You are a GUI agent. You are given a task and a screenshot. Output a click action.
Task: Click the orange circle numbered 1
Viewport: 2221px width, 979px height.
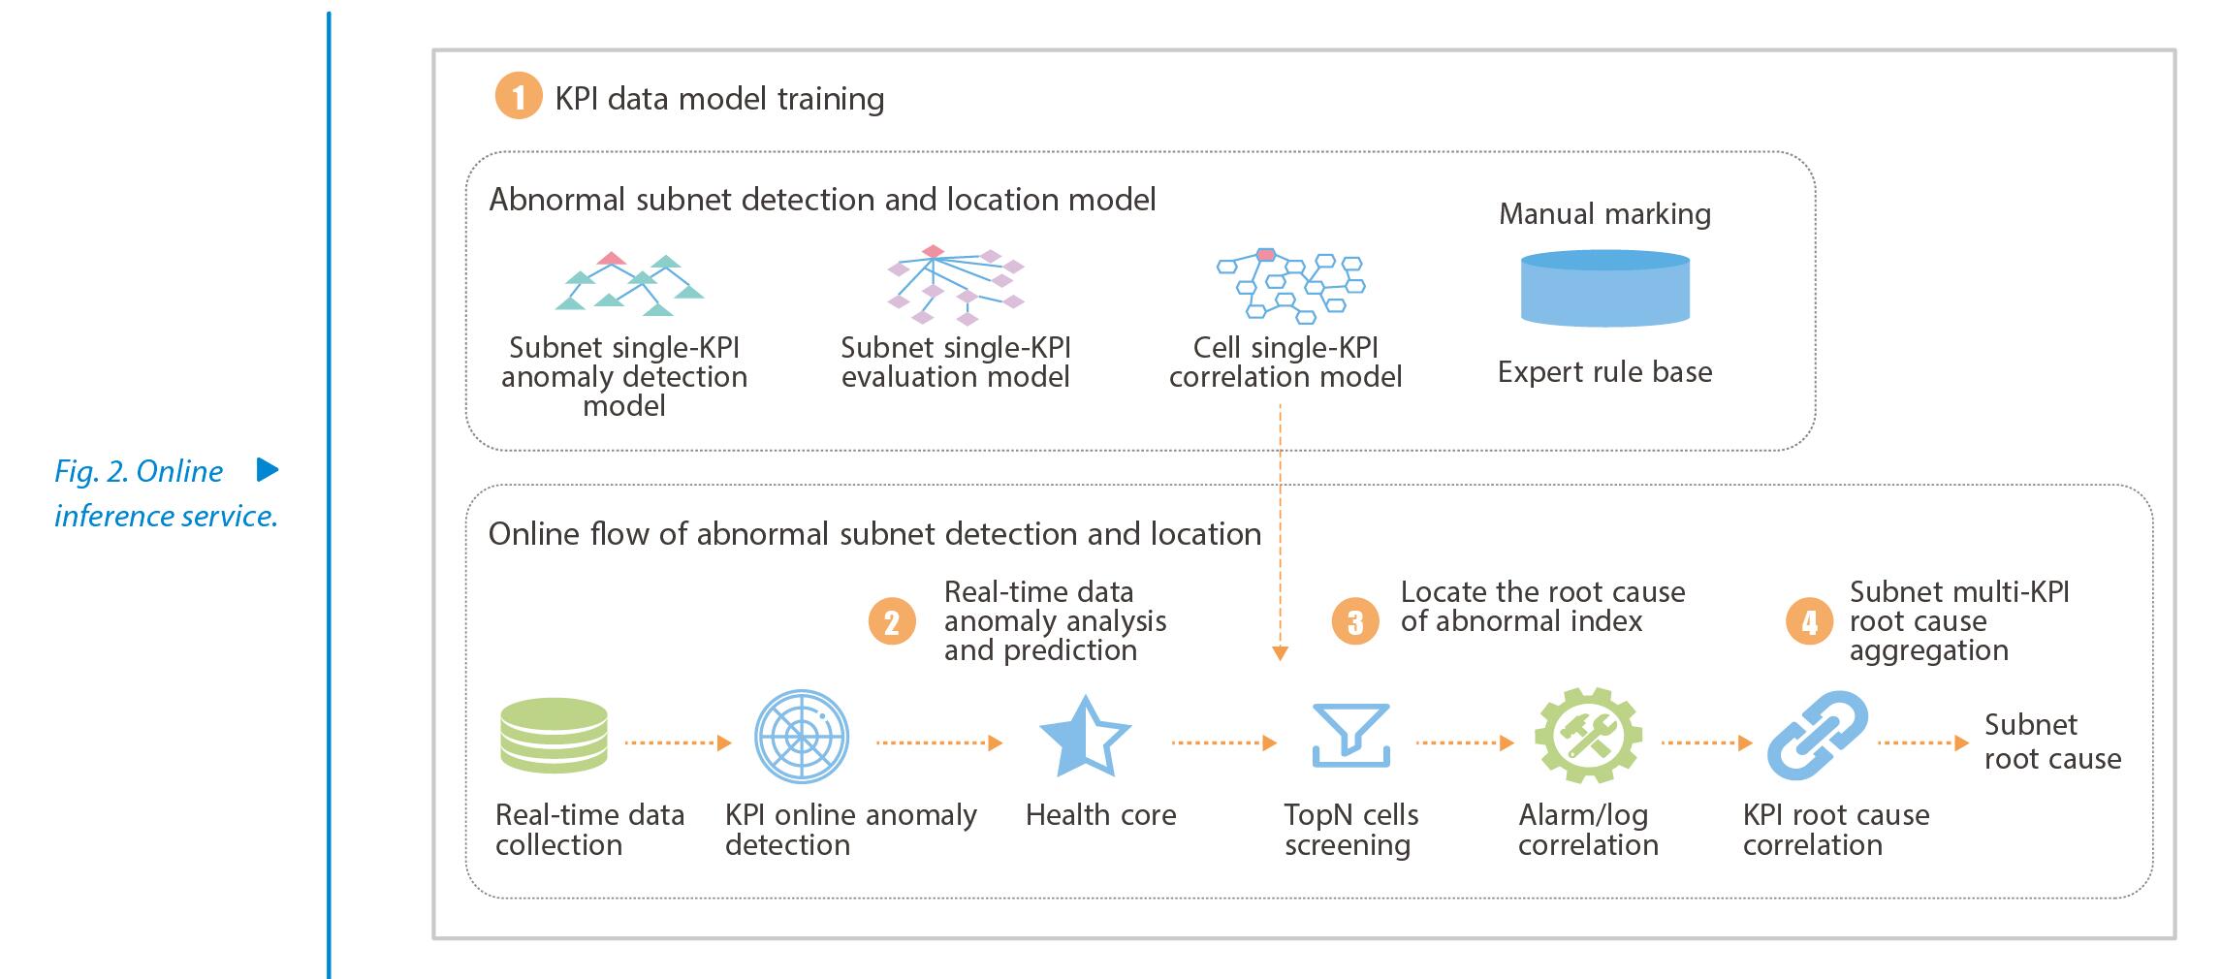(518, 97)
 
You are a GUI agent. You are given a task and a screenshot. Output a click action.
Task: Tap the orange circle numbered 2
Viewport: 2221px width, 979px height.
(892, 621)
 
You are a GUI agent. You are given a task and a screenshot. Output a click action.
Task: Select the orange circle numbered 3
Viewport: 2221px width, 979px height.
(1355, 621)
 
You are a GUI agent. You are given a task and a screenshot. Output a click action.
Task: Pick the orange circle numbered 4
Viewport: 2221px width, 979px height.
(1809, 621)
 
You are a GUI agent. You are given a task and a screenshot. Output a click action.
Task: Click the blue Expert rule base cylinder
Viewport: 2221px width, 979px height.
(1605, 288)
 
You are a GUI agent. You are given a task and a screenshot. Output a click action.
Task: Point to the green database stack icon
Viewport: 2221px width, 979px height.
(554, 737)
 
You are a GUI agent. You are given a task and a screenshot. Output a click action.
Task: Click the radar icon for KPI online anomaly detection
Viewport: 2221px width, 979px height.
(802, 737)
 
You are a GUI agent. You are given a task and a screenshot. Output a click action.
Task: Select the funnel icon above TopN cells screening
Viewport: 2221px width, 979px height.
(1351, 735)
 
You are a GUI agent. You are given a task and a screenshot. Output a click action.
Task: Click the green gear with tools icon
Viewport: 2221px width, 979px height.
(1588, 736)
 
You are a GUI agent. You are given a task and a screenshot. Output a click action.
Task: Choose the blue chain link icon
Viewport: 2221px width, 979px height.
(1818, 736)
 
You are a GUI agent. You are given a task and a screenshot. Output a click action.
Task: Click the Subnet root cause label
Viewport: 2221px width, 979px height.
(2052, 742)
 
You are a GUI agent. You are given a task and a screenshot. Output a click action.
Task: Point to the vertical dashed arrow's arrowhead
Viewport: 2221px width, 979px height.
(1280, 653)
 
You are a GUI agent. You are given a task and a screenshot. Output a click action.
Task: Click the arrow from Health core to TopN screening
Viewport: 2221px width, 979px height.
(1223, 743)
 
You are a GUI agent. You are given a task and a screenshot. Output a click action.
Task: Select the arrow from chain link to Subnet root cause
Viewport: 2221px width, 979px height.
(1923, 743)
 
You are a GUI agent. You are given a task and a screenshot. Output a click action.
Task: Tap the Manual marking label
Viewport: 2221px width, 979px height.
(1604, 213)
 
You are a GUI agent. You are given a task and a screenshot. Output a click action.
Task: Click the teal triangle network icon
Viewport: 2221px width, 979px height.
(629, 284)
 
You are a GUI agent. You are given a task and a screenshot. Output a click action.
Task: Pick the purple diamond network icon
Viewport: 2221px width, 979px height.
(956, 284)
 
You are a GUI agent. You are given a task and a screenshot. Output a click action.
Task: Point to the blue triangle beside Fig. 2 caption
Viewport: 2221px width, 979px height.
(268, 470)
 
